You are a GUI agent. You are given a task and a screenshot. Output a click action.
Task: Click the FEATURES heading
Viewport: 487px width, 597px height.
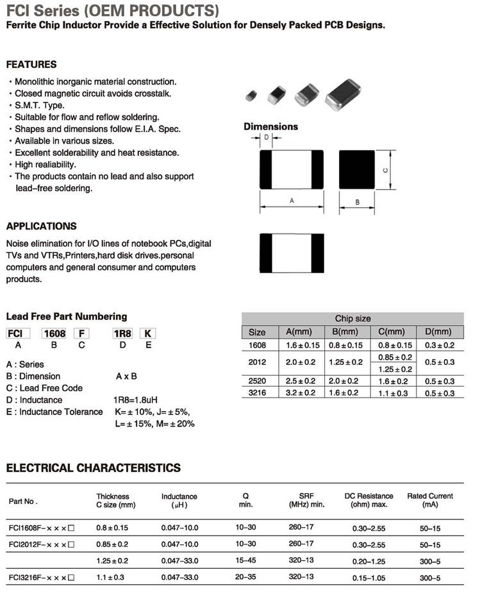(x=31, y=64)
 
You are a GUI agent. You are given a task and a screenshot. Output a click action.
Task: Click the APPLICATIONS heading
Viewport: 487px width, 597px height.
(x=41, y=226)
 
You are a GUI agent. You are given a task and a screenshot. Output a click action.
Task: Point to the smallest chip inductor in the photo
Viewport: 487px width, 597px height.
(x=251, y=96)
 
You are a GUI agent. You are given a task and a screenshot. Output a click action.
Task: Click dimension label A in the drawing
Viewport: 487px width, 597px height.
(x=292, y=201)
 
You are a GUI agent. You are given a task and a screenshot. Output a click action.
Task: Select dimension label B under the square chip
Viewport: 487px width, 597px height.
(x=357, y=202)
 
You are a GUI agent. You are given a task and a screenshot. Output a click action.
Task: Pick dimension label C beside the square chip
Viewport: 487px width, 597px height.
(x=384, y=170)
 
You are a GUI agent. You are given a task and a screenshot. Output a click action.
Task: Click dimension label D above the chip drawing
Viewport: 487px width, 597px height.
(x=267, y=137)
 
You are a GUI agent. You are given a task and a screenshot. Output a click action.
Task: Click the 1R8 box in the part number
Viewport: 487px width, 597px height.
(x=122, y=333)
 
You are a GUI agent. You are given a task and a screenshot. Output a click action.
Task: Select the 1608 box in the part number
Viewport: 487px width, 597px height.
(x=54, y=333)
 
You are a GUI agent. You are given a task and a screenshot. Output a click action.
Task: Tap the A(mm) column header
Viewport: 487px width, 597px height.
(x=298, y=332)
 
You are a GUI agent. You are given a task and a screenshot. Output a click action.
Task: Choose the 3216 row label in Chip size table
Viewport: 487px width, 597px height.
(x=257, y=393)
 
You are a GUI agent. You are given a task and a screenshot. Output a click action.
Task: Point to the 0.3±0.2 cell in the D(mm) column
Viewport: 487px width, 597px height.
(x=439, y=345)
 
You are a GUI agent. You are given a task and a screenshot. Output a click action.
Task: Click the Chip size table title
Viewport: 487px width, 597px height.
(x=352, y=319)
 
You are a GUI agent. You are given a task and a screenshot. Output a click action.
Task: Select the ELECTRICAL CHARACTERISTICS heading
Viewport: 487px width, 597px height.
(x=94, y=468)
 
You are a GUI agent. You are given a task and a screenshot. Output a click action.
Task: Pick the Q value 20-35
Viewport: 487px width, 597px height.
(x=245, y=577)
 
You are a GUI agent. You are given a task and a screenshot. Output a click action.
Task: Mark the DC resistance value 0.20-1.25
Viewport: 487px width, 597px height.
(x=368, y=561)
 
